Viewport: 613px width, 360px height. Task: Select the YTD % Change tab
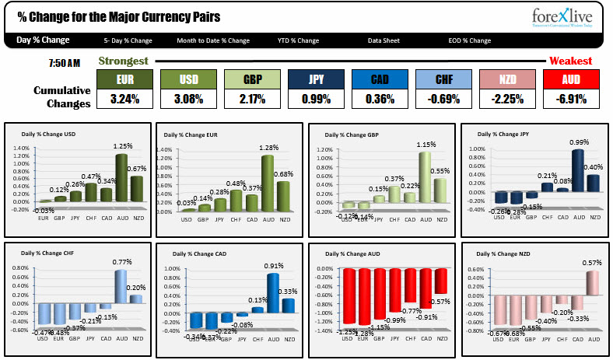pos(298,41)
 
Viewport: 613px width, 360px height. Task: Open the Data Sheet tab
pos(384,41)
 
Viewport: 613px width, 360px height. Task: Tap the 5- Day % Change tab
pos(128,41)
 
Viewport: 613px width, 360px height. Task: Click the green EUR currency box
pos(124,80)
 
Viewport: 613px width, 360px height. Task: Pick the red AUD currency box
pos(569,80)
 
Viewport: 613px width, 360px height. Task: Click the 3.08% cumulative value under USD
pos(188,99)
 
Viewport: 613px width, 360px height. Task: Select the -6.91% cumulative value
pos(569,99)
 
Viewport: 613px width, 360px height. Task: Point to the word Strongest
pos(123,61)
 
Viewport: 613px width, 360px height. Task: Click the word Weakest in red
pos(570,61)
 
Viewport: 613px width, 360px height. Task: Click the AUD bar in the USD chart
pos(121,178)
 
